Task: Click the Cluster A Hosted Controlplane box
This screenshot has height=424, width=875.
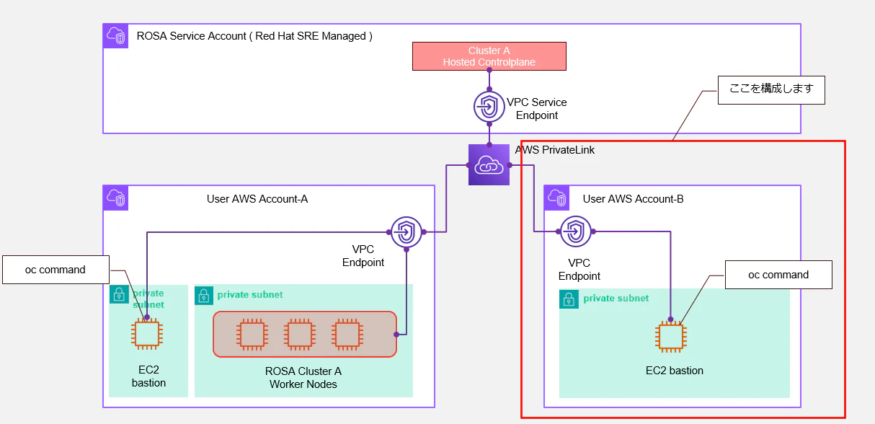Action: click(489, 56)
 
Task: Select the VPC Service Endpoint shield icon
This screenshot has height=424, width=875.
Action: click(489, 106)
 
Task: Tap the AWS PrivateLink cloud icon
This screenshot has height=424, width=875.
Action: click(489, 164)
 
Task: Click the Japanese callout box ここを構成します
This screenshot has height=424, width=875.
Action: click(771, 90)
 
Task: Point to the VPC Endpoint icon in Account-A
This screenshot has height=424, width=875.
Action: click(407, 232)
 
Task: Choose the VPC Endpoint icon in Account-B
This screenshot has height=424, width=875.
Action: click(575, 231)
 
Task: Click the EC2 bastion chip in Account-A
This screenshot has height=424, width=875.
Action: click(147, 334)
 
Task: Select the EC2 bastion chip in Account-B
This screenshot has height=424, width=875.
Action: click(671, 337)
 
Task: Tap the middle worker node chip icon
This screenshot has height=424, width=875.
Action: click(300, 335)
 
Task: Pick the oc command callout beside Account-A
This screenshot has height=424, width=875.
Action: click(56, 270)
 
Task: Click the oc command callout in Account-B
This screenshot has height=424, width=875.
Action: click(778, 275)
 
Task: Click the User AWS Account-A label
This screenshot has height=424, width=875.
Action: click(257, 199)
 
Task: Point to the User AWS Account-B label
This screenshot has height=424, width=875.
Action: click(634, 199)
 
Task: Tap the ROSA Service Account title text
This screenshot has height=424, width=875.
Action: click(254, 36)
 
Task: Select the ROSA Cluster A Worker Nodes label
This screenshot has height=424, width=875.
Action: click(303, 378)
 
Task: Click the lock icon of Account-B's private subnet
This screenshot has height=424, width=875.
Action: click(569, 299)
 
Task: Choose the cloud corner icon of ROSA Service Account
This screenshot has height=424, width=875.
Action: click(115, 36)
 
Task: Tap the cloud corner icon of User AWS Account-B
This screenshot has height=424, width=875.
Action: click(556, 198)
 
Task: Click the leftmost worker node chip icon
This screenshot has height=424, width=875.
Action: click(252, 335)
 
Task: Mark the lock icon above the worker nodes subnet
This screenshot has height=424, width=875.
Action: click(204, 296)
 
